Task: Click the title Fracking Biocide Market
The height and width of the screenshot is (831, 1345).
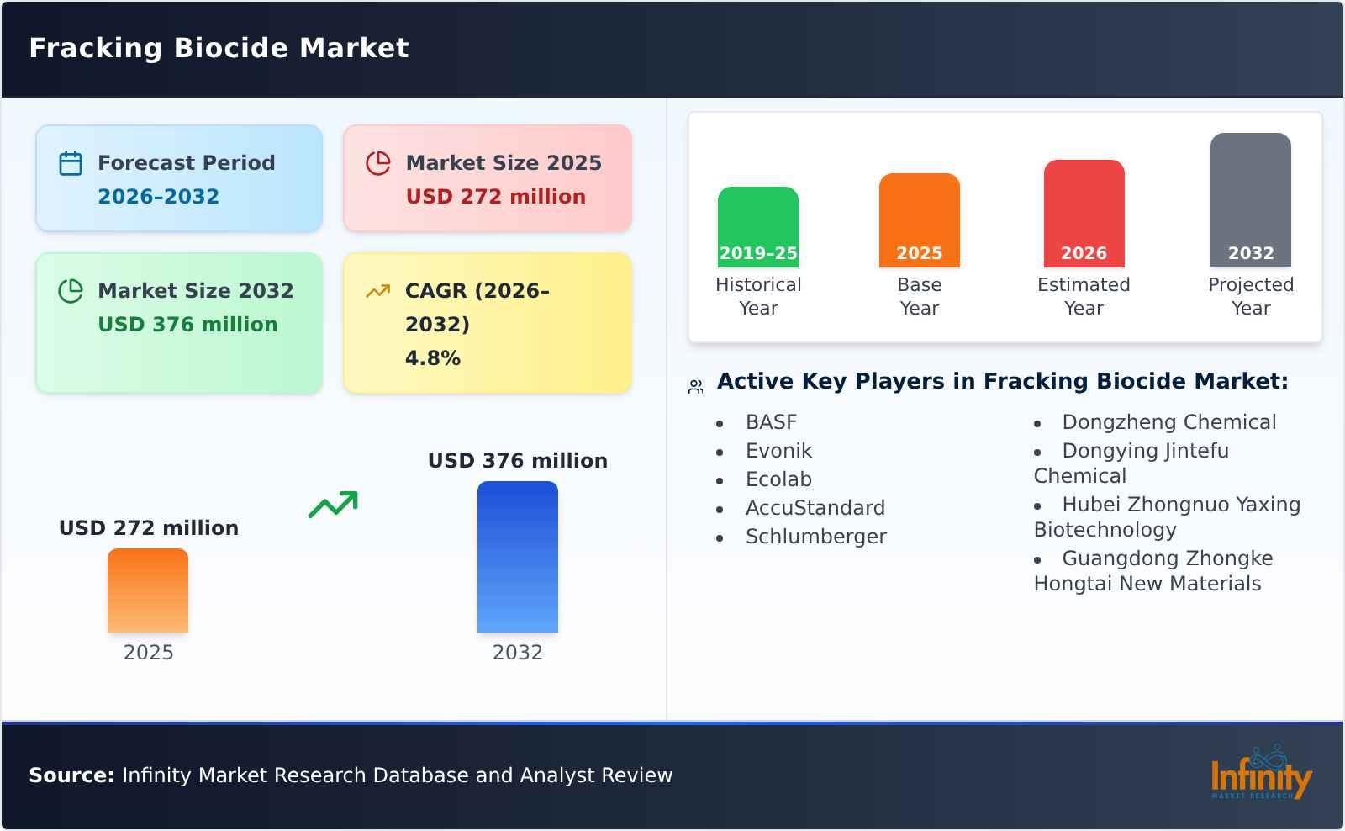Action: tap(219, 48)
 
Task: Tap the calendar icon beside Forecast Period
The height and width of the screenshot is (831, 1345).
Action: tap(71, 163)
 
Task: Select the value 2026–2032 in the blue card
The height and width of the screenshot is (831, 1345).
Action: tap(158, 197)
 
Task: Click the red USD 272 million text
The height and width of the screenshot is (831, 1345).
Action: tap(495, 197)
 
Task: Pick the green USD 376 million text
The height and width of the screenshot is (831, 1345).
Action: tap(187, 325)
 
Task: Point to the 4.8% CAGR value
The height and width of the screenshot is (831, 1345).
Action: tap(432, 358)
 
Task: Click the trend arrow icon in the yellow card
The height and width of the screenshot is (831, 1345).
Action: tap(377, 291)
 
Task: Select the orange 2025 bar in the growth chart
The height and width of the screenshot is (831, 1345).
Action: tap(148, 590)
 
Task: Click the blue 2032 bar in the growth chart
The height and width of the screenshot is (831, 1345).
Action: tap(517, 557)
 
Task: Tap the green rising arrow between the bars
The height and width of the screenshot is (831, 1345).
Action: tap(333, 505)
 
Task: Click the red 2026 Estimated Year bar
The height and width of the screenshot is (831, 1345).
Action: tap(1084, 214)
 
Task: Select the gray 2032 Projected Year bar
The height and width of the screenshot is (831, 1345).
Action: tap(1250, 199)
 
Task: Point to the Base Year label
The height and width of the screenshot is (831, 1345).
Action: tap(919, 296)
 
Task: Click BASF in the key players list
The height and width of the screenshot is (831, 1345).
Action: tap(771, 422)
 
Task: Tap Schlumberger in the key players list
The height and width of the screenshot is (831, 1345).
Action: tap(815, 537)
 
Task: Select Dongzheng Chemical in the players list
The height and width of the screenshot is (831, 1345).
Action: tap(1168, 422)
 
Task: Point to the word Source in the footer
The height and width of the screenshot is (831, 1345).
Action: tap(71, 775)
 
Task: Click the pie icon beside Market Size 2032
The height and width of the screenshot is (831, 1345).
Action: tap(71, 291)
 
